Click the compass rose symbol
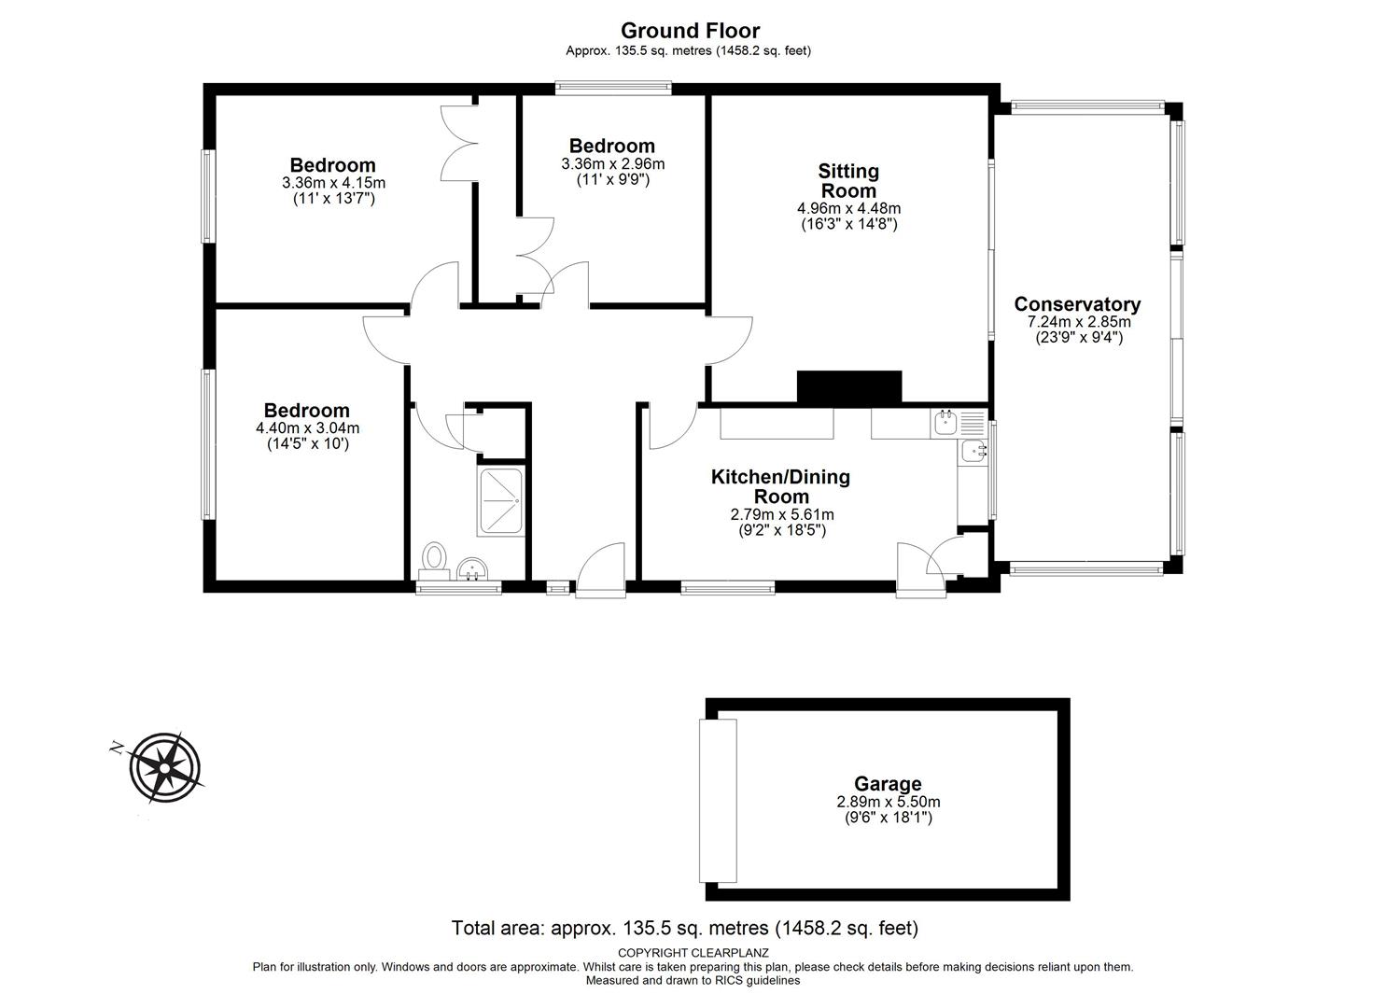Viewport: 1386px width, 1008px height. [x=164, y=768]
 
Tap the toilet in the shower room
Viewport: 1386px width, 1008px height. [x=434, y=560]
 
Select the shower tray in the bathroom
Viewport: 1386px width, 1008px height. [x=500, y=502]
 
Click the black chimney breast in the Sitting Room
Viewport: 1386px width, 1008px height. [x=849, y=386]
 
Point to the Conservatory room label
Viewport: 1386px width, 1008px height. [x=1077, y=304]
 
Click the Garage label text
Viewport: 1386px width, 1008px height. [x=888, y=784]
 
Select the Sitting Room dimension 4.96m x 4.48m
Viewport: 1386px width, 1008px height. [x=849, y=208]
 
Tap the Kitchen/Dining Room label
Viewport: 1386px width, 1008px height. [x=781, y=486]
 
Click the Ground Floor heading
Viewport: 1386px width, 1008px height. [x=690, y=30]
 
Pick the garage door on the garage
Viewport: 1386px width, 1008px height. [x=718, y=800]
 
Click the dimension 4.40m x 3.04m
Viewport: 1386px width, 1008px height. [x=307, y=428]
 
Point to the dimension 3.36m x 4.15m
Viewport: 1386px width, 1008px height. [x=333, y=183]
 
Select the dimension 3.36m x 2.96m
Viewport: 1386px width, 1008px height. [x=612, y=164]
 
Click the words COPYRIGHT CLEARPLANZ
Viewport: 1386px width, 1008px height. [x=693, y=953]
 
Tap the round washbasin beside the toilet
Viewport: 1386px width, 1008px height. [x=472, y=568]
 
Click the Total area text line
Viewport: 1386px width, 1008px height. [x=685, y=928]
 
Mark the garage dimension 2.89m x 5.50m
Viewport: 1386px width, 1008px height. [x=889, y=802]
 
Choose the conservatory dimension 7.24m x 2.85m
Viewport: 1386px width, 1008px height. [x=1079, y=322]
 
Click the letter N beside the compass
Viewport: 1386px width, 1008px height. [x=116, y=749]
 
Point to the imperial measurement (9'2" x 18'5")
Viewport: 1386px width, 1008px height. [x=782, y=530]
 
